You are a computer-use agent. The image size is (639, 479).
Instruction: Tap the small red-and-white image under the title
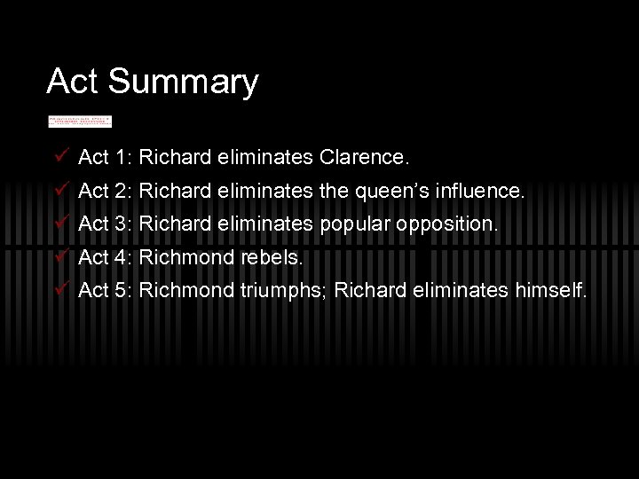80,121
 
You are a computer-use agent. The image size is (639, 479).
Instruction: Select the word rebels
271,257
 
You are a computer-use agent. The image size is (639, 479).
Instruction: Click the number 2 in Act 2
122,192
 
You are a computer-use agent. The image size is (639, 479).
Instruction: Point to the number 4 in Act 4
122,257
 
